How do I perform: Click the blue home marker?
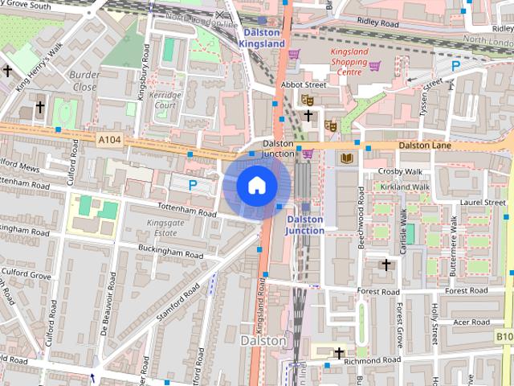pyautogui.click(x=255, y=186)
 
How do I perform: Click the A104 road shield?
pyautogui.click(x=110, y=139)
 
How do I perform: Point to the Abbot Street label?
pyautogui.click(x=303, y=84)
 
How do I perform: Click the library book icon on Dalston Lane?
pyautogui.click(x=347, y=159)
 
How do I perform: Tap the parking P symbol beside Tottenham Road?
pyautogui.click(x=192, y=185)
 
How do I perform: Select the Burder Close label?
pyautogui.click(x=85, y=81)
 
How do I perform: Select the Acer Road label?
pyautogui.click(x=471, y=322)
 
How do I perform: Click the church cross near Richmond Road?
pyautogui.click(x=339, y=353)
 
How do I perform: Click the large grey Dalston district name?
pyautogui.click(x=263, y=341)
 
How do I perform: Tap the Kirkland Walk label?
pyautogui.click(x=406, y=187)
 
